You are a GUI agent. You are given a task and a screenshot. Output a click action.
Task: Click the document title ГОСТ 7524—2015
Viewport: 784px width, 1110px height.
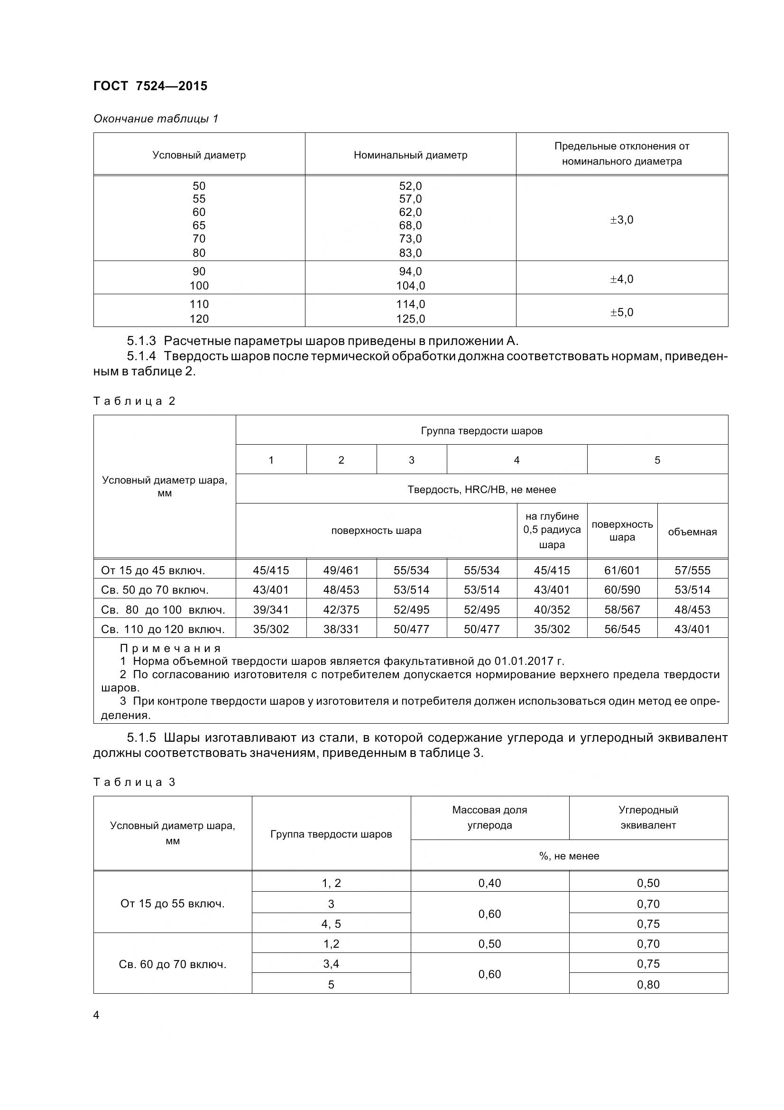(x=150, y=86)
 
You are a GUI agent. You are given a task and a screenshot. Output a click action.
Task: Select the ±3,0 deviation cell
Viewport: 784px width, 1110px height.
(x=622, y=220)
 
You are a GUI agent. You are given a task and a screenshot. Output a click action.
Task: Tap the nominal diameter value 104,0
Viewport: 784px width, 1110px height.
(x=411, y=286)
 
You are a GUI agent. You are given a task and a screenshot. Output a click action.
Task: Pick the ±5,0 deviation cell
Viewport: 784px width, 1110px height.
(x=622, y=312)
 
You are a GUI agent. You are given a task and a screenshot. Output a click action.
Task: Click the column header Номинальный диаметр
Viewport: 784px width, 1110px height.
(x=411, y=155)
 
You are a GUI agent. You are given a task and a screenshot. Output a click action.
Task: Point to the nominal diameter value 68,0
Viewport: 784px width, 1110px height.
(x=411, y=225)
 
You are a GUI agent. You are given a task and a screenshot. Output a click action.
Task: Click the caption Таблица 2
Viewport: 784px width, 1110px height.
(x=134, y=401)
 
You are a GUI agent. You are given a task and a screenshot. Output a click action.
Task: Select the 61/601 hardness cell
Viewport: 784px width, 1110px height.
(x=622, y=570)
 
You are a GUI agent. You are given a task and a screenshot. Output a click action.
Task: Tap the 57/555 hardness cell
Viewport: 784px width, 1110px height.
(x=692, y=570)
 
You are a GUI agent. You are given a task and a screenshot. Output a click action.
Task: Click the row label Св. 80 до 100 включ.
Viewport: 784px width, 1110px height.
(x=163, y=610)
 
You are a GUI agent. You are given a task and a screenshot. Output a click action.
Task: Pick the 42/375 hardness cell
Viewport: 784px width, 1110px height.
(x=341, y=610)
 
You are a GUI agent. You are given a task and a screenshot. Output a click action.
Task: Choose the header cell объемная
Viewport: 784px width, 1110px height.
(x=692, y=532)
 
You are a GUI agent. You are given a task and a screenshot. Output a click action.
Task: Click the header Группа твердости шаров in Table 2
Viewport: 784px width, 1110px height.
(x=481, y=431)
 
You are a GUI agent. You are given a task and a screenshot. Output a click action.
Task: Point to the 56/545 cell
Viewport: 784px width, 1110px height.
(x=622, y=629)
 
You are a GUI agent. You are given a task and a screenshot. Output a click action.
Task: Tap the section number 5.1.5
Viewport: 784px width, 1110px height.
(x=141, y=738)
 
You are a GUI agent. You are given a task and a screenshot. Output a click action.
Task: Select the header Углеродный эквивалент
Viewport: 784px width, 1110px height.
(x=648, y=817)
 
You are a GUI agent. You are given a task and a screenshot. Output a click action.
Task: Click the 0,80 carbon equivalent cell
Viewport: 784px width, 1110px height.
(x=648, y=984)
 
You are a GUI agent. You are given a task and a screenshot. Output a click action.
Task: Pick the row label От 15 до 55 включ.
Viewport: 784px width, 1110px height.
(x=173, y=904)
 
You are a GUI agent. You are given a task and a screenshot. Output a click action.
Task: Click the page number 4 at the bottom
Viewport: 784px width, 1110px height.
(x=96, y=1015)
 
